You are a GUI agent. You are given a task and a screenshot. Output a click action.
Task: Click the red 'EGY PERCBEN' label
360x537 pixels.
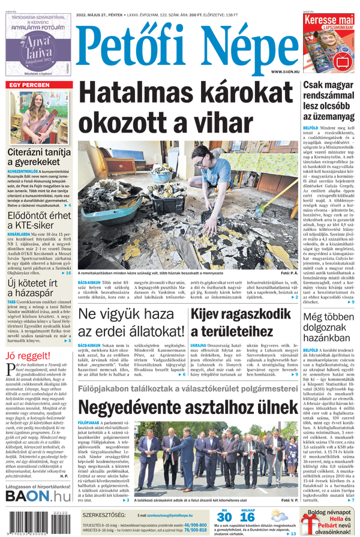point(29,85)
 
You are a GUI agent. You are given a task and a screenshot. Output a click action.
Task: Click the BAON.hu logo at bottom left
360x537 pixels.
point(38,512)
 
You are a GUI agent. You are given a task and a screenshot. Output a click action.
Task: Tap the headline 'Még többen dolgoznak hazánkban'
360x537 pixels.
point(329,326)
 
